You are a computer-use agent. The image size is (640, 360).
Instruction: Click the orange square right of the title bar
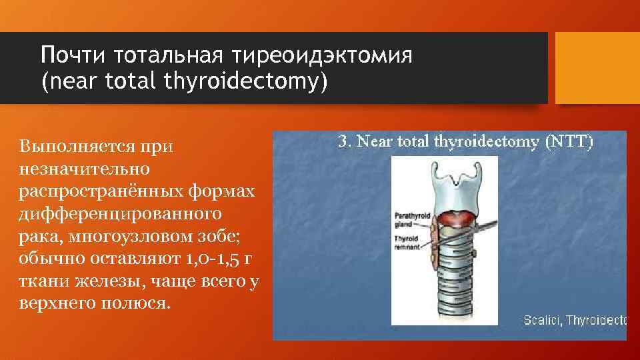597,68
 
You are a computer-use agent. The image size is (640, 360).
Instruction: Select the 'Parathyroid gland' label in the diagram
408,219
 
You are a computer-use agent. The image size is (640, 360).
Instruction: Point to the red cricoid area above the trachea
455,217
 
